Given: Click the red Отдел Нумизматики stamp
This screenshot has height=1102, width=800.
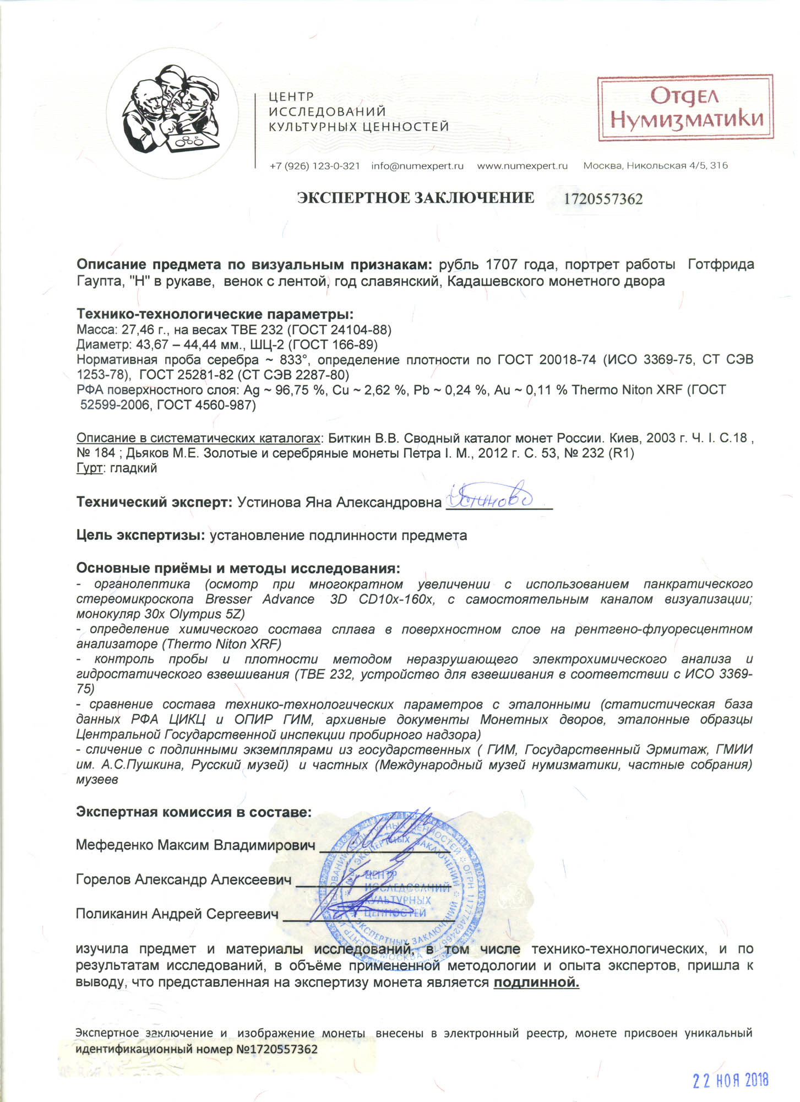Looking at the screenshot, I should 685,108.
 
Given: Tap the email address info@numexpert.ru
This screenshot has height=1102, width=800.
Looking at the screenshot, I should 417,166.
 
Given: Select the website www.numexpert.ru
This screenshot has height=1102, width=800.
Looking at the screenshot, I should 522,166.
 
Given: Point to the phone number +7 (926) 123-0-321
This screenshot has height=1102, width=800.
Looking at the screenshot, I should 314,166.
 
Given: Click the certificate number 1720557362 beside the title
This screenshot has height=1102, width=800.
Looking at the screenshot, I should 603,199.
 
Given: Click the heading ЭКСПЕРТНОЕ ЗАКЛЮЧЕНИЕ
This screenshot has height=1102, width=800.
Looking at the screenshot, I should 416,198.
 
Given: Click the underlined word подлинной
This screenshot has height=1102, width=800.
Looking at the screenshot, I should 536,982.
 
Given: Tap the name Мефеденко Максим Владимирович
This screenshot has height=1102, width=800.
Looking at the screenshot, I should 195,845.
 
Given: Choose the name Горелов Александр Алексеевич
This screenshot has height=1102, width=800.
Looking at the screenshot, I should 183,880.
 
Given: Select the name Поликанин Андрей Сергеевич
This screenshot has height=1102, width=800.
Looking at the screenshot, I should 177,914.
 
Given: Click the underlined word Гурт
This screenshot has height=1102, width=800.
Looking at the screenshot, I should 89,468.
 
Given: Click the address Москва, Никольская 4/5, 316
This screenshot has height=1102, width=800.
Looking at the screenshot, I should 655,166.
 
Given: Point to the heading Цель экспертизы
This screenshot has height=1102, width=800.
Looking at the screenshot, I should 140,535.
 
